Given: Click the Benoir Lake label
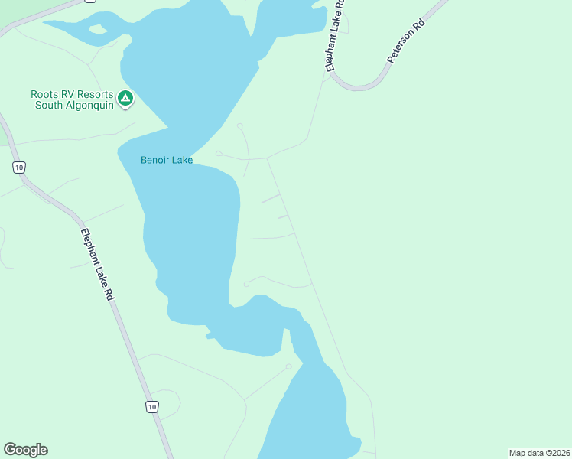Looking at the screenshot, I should pos(167,161).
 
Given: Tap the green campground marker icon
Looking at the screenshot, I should pos(125,99).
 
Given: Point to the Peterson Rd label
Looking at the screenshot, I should pos(405,42).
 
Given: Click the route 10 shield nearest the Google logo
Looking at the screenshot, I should pos(152,407).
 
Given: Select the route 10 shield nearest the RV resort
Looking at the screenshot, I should pos(19,166).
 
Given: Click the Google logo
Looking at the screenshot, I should pos(26,450).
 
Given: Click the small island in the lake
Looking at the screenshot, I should pos(98,30).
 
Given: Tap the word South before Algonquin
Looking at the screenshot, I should pos(49,105).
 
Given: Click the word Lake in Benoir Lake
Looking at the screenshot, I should pos(182,161).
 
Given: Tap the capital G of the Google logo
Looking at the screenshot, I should pos(10,450).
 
